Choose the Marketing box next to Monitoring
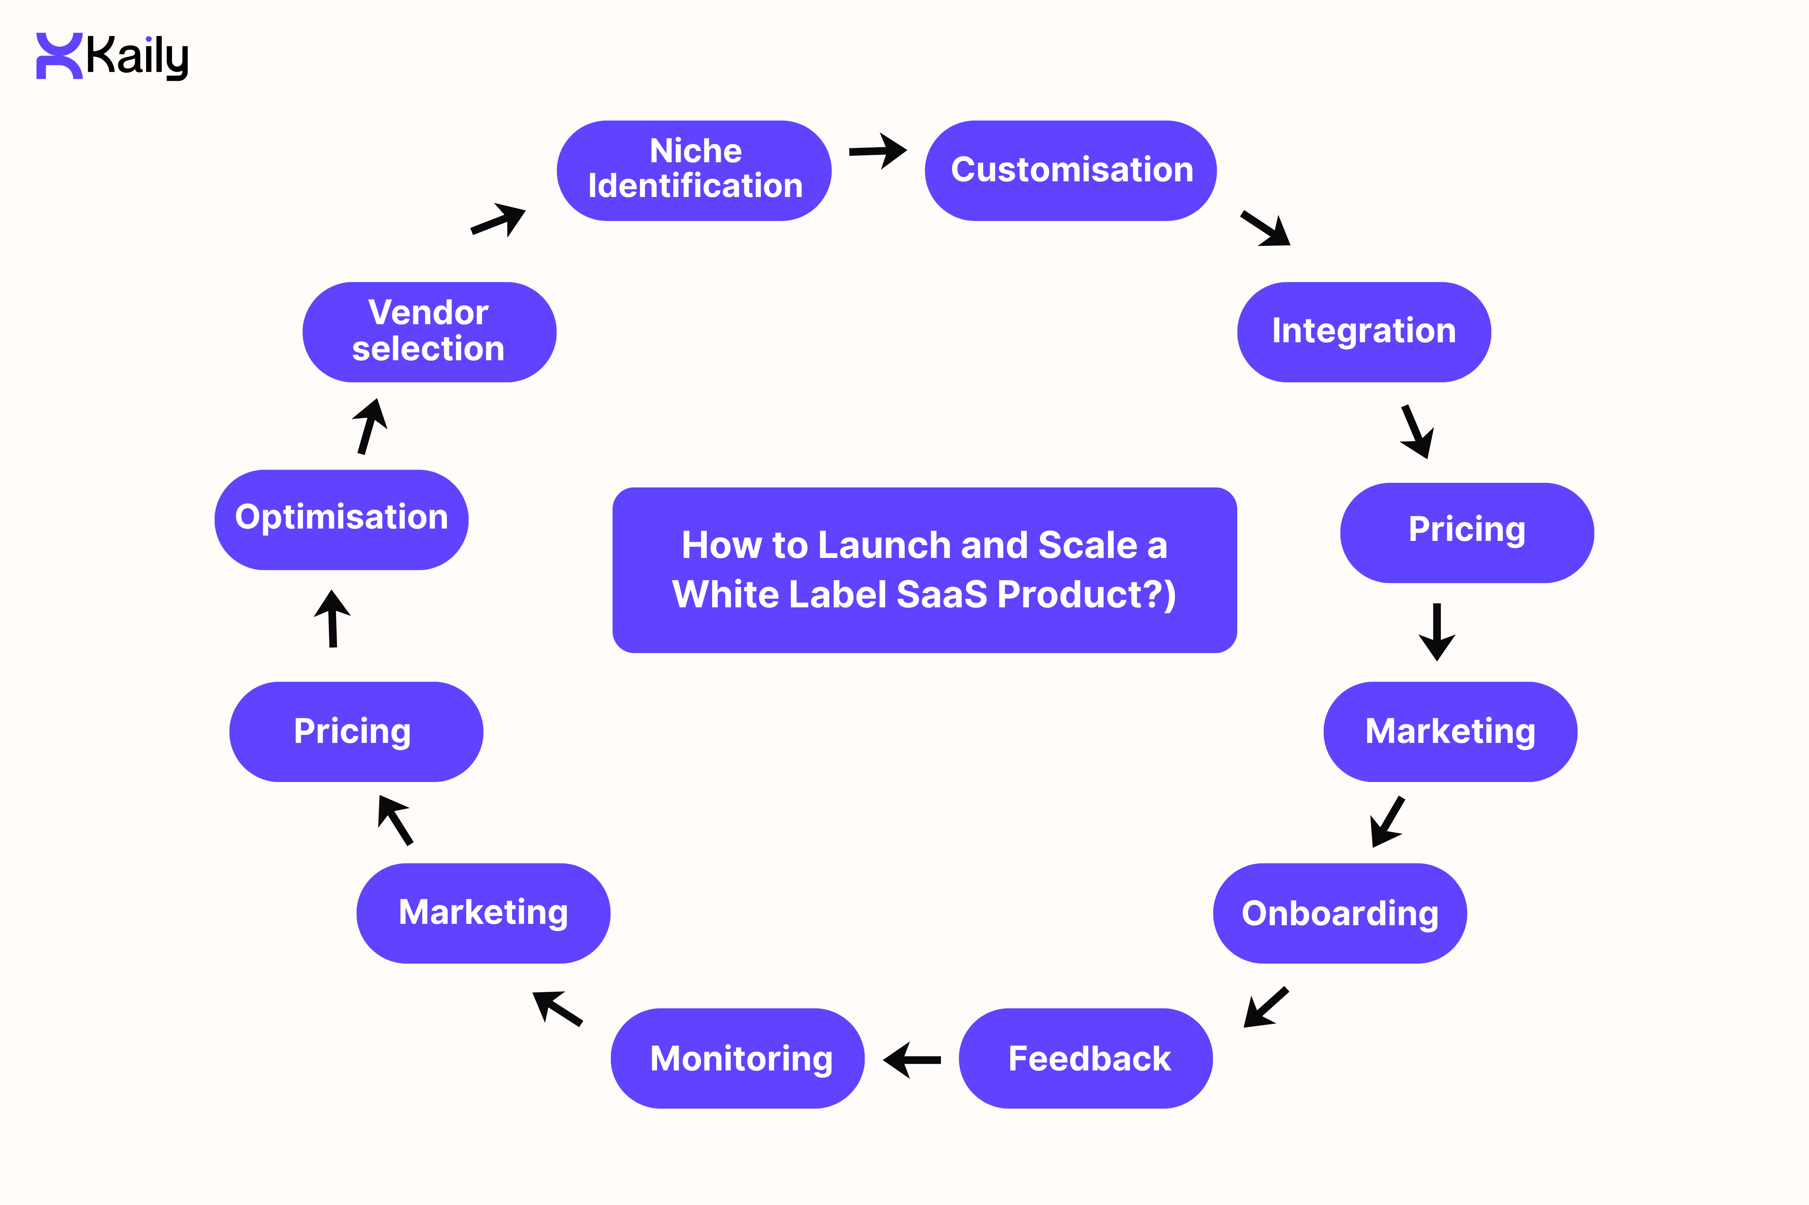coord(483,913)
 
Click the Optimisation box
coord(341,520)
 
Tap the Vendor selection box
coord(429,332)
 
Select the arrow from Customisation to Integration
coord(1266,228)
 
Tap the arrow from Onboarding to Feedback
coord(1266,1007)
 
